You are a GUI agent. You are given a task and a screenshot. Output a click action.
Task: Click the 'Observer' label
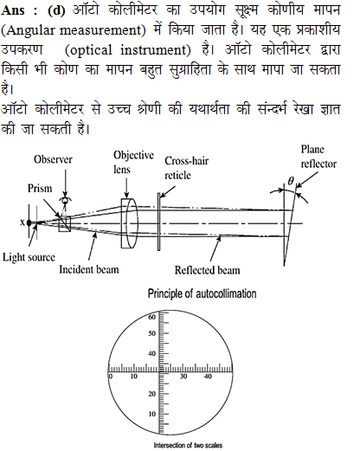tap(53, 159)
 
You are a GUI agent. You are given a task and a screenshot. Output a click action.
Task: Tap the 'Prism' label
tap(40, 189)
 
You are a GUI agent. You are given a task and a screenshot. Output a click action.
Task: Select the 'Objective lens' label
tap(133, 162)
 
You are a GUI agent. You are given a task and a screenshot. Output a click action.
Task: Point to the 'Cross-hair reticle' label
tap(186, 168)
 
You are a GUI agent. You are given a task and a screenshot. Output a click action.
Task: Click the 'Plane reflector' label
tap(318, 157)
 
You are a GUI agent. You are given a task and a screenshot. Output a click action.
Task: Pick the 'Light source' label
tap(29, 257)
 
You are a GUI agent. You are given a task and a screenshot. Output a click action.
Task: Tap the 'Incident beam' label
tap(89, 269)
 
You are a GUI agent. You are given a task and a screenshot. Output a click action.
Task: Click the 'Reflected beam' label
tap(207, 270)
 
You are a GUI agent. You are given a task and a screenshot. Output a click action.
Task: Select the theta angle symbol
tap(291, 181)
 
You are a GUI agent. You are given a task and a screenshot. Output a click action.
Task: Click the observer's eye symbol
tap(65, 200)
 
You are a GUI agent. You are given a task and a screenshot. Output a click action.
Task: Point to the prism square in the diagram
tap(65, 224)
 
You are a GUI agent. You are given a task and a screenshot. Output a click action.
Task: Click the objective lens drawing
tap(130, 223)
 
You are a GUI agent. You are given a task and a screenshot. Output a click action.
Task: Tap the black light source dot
tap(29, 222)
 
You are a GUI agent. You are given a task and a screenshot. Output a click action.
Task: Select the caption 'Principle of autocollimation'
tap(202, 293)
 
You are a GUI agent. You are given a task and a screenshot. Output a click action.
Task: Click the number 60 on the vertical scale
tap(151, 317)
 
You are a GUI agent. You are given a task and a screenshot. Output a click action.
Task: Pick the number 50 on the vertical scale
tap(151, 333)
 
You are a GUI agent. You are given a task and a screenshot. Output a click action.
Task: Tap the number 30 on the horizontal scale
tap(183, 377)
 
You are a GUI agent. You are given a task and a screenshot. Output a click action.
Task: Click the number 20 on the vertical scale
tap(151, 394)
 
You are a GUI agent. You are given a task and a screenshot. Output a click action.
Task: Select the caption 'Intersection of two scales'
tap(188, 445)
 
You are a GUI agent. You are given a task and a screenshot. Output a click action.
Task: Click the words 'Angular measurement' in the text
tap(74, 30)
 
